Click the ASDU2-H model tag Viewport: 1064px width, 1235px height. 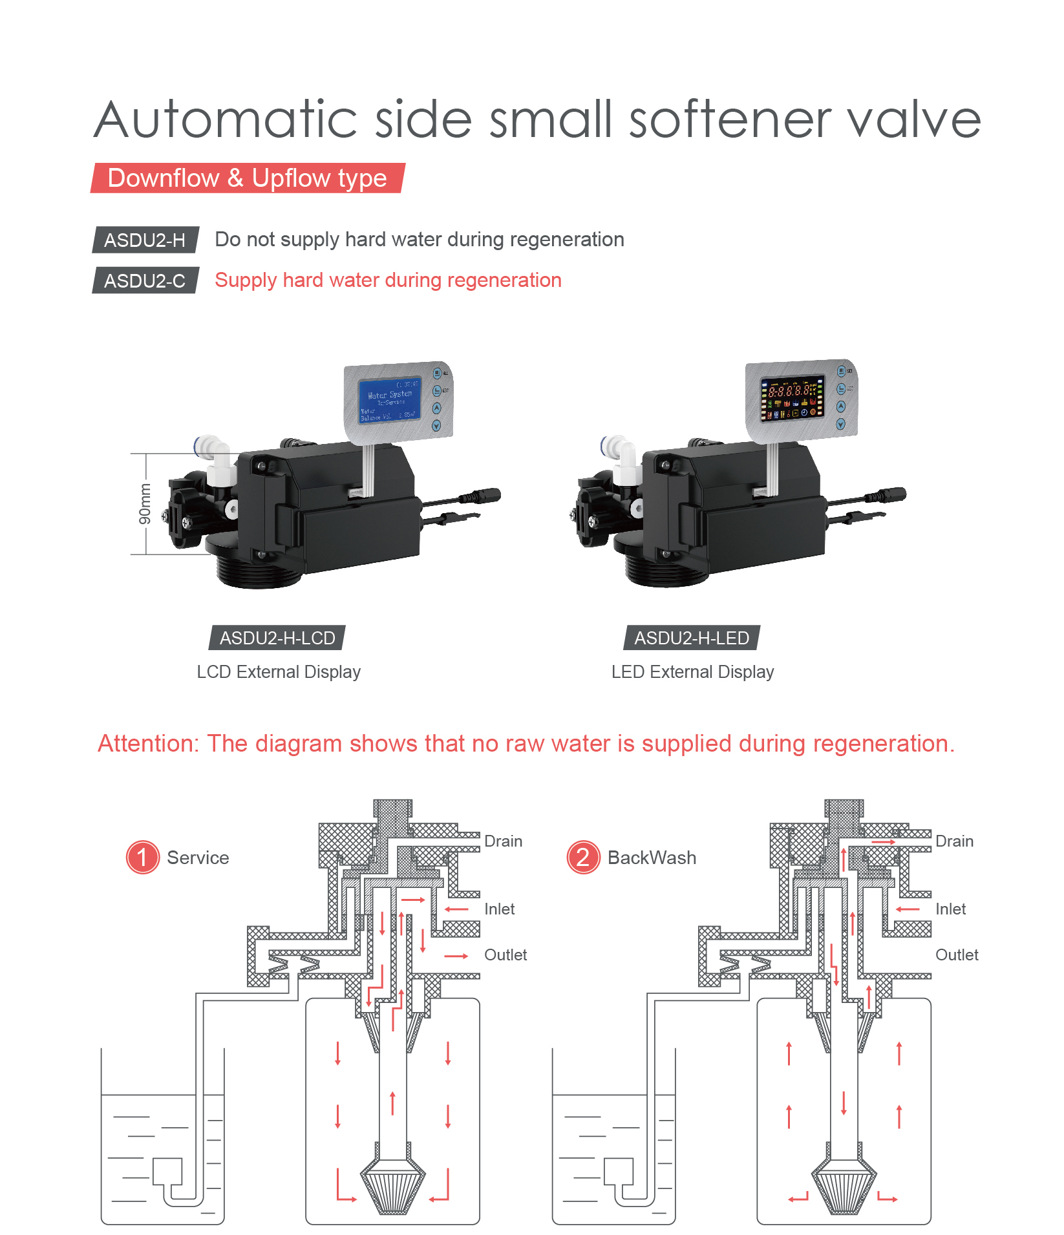click(x=145, y=240)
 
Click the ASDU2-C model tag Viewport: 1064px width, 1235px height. click(x=145, y=280)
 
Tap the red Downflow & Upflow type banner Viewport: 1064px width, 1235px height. click(x=247, y=178)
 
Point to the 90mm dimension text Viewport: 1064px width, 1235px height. click(x=145, y=503)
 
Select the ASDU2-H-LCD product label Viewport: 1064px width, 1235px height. click(x=277, y=638)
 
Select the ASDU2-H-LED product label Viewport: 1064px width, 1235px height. click(x=691, y=638)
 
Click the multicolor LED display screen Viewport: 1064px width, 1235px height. click(x=793, y=398)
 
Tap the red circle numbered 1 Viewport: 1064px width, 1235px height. click(x=142, y=857)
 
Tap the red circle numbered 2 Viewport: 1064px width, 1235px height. click(x=583, y=857)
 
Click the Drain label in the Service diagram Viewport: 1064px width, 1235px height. click(x=503, y=841)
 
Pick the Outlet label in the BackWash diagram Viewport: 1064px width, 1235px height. click(x=957, y=955)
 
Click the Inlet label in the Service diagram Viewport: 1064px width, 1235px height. click(x=499, y=909)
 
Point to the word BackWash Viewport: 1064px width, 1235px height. click(x=652, y=858)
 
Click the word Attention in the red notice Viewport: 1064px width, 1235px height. click(x=148, y=744)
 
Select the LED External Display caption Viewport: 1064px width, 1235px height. click(x=692, y=672)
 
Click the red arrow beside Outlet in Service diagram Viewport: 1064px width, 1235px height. click(x=456, y=956)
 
